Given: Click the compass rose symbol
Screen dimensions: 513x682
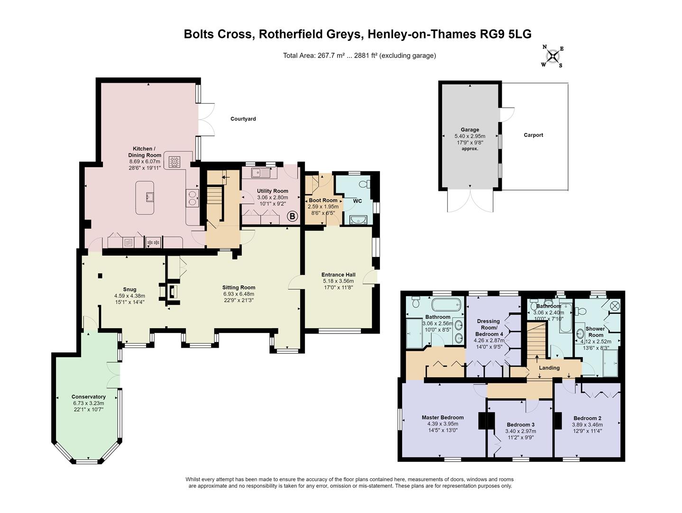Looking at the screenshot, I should [x=553, y=57].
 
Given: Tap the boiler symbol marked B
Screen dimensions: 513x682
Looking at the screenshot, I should [x=293, y=217].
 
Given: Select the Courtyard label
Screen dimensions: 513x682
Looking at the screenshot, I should [x=243, y=119].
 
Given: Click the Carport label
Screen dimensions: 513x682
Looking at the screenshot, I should [x=533, y=135].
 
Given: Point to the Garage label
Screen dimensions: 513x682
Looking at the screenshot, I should [x=470, y=130].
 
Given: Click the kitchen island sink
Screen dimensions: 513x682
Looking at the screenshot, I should [x=150, y=197].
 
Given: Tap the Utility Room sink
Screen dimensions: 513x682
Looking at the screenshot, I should [x=261, y=173].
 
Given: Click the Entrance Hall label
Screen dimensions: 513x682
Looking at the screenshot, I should [x=338, y=275].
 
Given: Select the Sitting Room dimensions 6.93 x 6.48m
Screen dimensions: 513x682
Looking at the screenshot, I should [x=239, y=294].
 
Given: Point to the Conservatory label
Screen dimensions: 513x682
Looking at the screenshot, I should [x=88, y=397].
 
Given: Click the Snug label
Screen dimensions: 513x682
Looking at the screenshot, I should [x=129, y=289].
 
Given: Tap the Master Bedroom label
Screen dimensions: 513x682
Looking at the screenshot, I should [x=442, y=418].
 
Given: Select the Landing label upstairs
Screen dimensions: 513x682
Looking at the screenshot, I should [x=549, y=368].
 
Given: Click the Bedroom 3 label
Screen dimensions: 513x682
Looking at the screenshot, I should [x=520, y=424].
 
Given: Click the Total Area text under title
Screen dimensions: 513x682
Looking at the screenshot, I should [x=359, y=56].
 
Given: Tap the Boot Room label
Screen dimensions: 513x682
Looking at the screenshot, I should [x=323, y=200].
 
